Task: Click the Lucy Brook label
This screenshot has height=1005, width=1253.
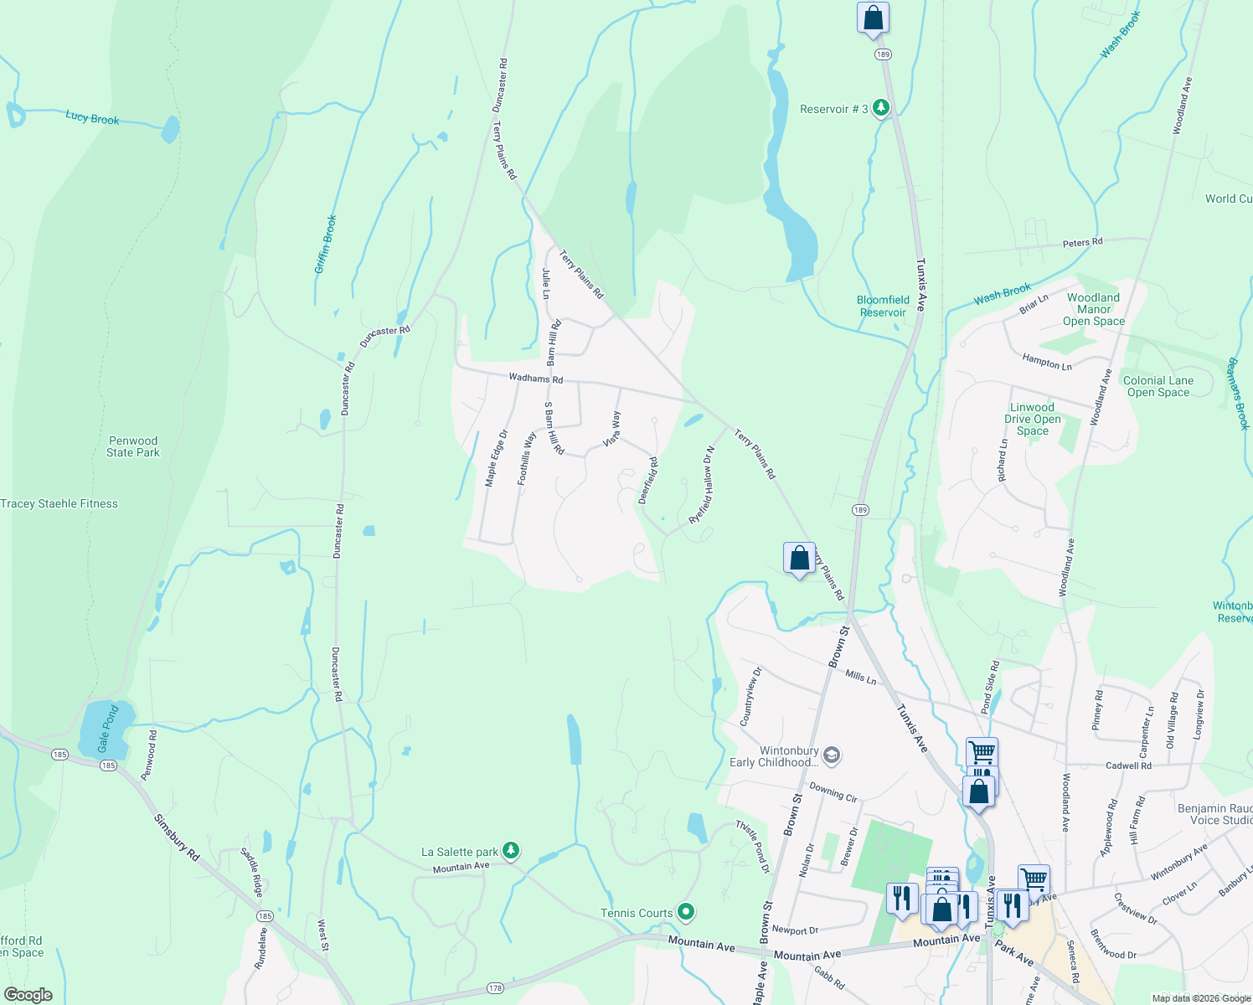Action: [x=92, y=118]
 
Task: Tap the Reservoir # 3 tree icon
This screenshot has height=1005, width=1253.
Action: [x=880, y=107]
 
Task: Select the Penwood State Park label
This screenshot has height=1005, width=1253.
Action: [x=132, y=446]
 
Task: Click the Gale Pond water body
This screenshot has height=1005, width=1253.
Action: [x=105, y=729]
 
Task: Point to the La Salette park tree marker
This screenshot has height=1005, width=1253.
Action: [x=510, y=851]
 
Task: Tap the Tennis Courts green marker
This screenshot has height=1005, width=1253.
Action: [x=686, y=911]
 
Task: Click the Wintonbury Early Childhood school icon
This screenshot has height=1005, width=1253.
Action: [x=831, y=755]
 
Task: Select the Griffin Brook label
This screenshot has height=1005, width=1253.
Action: [x=325, y=245]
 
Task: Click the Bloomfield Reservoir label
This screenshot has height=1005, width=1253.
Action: [x=883, y=306]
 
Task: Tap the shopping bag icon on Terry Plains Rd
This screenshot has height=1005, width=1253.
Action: [x=799, y=558]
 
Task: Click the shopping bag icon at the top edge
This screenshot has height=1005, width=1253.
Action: [x=873, y=18]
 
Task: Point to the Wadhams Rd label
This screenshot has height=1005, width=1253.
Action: [x=536, y=379]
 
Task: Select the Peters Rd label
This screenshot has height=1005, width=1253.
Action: [x=1082, y=243]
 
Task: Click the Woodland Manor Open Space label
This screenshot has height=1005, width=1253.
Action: [x=1093, y=309]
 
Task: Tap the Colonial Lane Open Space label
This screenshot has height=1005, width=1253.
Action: [x=1158, y=386]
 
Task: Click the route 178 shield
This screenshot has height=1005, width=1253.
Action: [x=495, y=988]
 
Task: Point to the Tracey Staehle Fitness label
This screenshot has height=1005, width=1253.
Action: [x=59, y=503]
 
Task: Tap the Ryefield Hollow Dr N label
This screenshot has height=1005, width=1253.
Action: [x=702, y=486]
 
